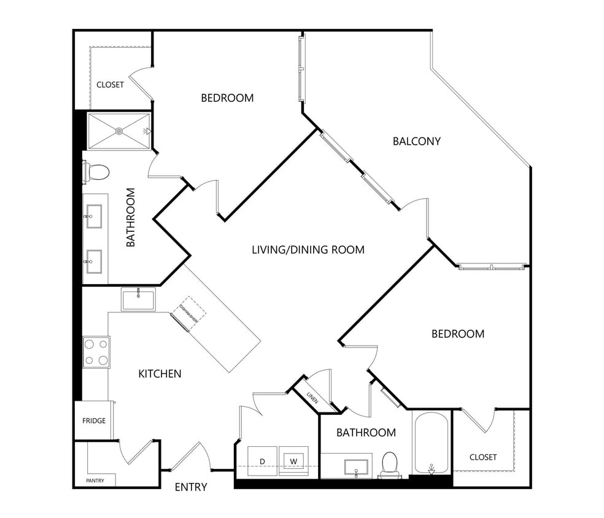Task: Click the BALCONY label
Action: (x=416, y=141)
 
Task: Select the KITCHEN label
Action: (x=160, y=373)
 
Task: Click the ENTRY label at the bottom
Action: (x=191, y=487)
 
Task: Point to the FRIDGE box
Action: (x=94, y=420)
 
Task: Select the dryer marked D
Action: (x=262, y=461)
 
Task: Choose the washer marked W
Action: (x=293, y=461)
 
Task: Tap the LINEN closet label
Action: (x=312, y=396)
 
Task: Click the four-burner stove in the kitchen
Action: (x=96, y=352)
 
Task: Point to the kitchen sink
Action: (x=138, y=300)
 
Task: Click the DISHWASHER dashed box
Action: (x=188, y=312)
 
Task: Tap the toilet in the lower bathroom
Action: (x=390, y=464)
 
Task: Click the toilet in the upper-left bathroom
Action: (x=98, y=172)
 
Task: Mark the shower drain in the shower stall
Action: (x=119, y=131)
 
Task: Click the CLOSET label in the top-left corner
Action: (x=110, y=85)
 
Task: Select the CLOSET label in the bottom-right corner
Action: (x=482, y=457)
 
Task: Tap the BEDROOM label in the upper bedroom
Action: (x=227, y=98)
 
